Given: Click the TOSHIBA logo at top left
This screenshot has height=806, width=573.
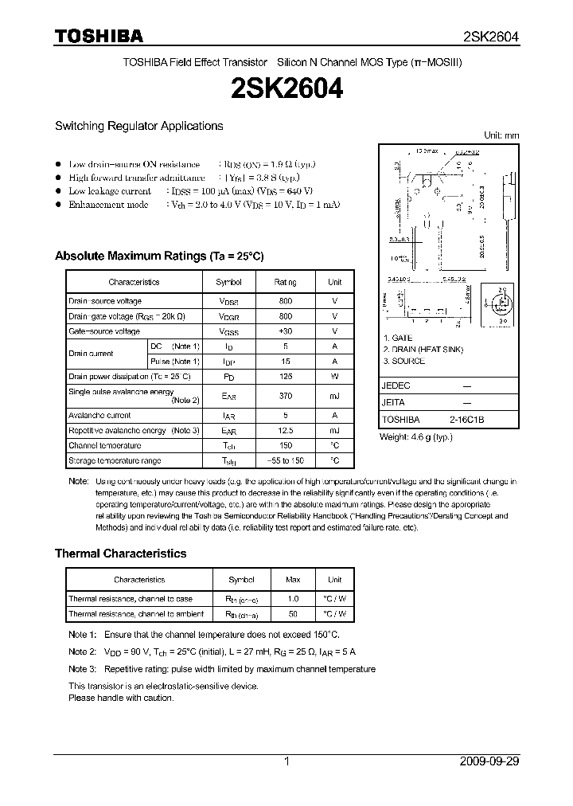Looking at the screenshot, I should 99,36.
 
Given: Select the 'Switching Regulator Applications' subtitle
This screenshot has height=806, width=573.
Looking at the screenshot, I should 138,126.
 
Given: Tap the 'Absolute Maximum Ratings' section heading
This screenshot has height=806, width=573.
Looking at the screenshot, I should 158,256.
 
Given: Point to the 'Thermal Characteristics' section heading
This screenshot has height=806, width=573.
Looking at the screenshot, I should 120,554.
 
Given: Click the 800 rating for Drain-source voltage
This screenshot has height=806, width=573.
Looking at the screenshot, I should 286,301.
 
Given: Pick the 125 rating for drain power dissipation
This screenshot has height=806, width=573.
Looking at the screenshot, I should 286,376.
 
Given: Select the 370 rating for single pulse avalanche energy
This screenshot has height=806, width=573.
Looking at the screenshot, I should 286,396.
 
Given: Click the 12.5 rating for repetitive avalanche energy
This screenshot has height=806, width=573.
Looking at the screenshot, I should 286,431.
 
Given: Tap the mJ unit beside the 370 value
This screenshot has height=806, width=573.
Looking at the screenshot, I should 334,396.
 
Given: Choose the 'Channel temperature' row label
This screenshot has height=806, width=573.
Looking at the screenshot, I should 104,446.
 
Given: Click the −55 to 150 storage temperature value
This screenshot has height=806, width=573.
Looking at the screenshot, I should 286,461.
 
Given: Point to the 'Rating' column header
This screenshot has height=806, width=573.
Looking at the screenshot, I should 286,282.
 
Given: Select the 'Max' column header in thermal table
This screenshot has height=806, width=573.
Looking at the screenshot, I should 293,580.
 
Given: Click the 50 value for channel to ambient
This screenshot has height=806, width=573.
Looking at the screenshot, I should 293,614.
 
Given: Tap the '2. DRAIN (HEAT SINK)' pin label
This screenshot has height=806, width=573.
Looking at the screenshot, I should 423,350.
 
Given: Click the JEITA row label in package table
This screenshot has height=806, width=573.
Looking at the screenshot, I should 394,403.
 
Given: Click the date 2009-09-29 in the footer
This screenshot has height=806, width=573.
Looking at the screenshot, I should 489,761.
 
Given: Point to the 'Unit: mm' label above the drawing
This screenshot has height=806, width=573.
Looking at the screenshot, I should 501,135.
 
